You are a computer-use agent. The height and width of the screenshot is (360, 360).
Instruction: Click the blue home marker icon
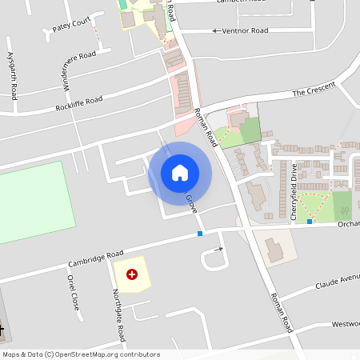point(180,173)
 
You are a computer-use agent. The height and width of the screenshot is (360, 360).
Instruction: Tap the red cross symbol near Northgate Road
point(132,274)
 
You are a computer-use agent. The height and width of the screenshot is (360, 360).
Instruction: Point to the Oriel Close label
point(74,293)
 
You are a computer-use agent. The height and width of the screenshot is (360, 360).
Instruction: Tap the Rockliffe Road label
point(79,103)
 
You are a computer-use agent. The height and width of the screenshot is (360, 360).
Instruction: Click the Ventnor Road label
point(246,30)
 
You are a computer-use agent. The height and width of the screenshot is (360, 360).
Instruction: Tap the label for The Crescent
point(310,93)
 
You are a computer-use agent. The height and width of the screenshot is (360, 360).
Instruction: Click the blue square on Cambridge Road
point(200,234)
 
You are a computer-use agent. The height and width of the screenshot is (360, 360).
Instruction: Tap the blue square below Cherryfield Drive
point(310,222)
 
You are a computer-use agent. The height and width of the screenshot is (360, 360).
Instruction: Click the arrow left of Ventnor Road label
point(215,30)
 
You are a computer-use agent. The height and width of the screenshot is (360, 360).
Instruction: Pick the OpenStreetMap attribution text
point(80,354)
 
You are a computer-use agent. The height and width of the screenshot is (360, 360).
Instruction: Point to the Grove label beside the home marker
point(191,202)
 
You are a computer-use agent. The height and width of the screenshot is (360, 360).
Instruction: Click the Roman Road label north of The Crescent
point(206,128)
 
